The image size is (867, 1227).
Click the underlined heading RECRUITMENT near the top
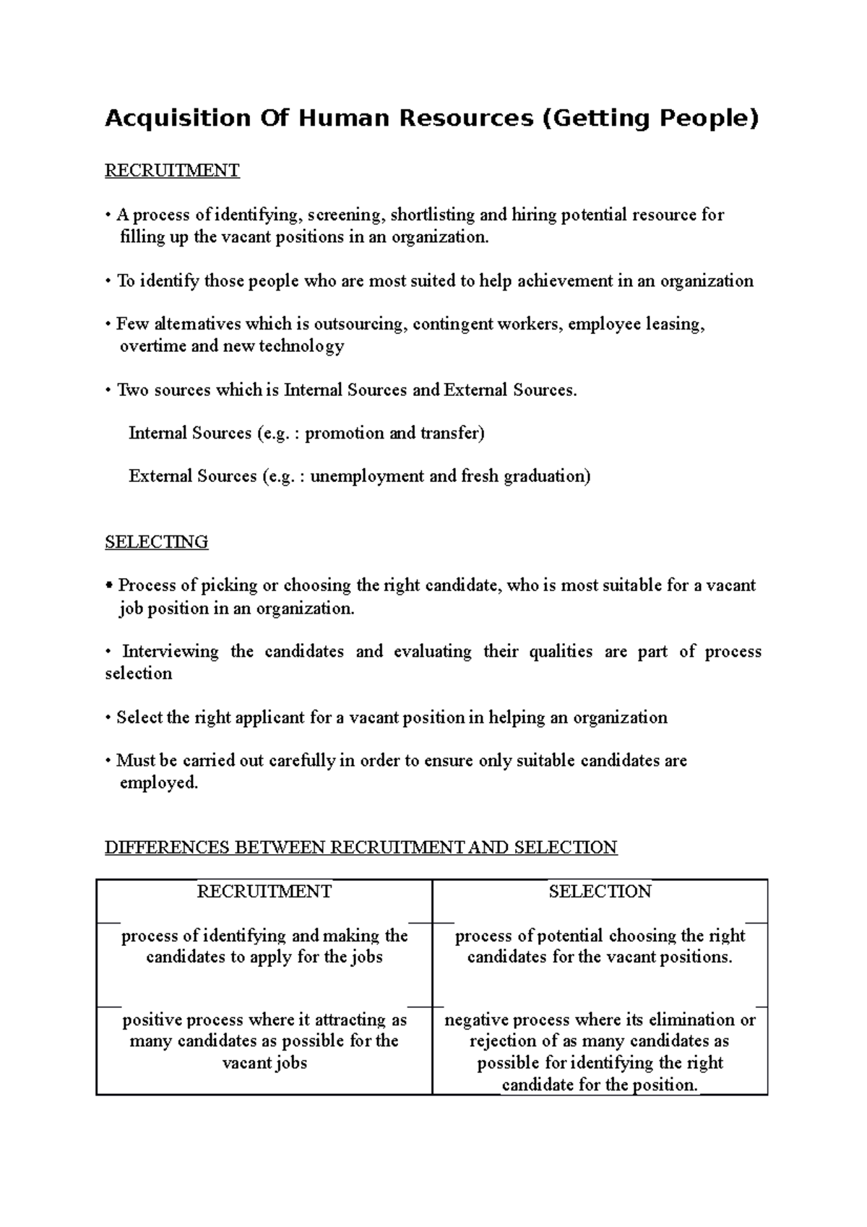point(172,171)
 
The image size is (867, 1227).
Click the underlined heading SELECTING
point(157,542)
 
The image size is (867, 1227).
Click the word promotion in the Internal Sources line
point(345,434)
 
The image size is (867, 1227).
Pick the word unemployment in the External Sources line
point(367,476)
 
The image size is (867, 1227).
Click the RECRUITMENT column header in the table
point(264,892)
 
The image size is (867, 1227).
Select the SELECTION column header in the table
point(600,892)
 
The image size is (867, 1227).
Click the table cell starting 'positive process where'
point(264,1041)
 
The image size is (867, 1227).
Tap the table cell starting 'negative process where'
point(600,1051)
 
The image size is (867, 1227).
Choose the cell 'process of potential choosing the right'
point(600,946)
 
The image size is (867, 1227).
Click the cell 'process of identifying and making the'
point(264,946)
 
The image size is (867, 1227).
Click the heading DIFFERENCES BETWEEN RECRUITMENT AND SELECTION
point(361,848)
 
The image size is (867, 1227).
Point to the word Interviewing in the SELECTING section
point(171,652)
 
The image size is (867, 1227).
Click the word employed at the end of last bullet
point(157,783)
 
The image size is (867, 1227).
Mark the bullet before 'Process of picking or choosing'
point(108,585)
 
